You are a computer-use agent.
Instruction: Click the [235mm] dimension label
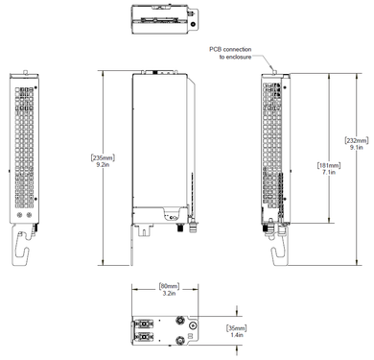[103, 157]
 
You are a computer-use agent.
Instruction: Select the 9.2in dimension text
[103, 166]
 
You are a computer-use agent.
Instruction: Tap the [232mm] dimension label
[355, 140]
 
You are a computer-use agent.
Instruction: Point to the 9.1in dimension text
[355, 149]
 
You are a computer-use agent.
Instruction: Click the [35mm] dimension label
[236, 329]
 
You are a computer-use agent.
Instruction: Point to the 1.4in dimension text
[236, 338]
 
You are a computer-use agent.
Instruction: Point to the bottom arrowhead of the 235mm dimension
[104, 263]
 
